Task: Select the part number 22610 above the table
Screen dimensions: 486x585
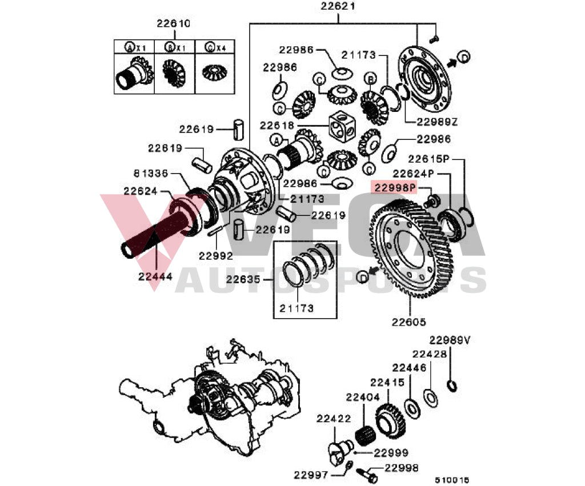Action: coord(174,24)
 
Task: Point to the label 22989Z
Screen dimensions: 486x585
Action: coord(437,122)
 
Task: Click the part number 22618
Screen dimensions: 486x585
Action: coord(277,125)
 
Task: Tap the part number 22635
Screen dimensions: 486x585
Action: coord(244,280)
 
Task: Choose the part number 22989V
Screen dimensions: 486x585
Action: coord(450,340)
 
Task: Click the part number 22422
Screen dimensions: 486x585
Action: coord(334,419)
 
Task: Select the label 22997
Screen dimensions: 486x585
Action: coord(312,475)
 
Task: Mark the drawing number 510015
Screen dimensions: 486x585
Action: coord(451,481)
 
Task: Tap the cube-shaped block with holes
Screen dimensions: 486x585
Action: coord(344,126)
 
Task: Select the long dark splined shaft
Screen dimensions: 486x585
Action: coord(154,234)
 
